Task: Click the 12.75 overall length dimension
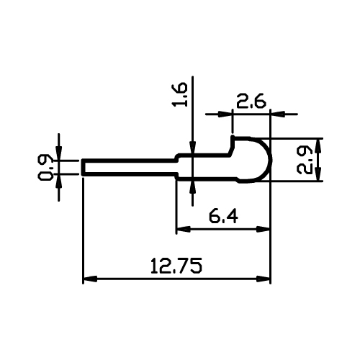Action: [x=176, y=266]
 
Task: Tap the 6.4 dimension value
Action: [x=223, y=216]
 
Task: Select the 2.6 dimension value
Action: [x=251, y=101]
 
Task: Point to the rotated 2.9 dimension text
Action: [x=305, y=160]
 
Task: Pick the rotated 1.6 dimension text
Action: [x=179, y=94]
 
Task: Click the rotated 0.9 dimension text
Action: [x=45, y=167]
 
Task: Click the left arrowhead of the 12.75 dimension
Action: [x=90, y=279]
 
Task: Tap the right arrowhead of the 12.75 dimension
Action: [x=264, y=279]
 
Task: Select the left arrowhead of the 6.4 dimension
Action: [x=184, y=229]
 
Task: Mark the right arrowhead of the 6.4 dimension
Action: [x=264, y=229]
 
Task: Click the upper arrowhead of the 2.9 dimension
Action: [x=318, y=145]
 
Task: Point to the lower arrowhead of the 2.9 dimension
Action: [x=318, y=174]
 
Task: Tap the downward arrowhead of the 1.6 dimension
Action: [x=192, y=147]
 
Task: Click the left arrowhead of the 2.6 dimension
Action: [x=225, y=114]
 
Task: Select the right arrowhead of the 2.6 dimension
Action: [x=278, y=114]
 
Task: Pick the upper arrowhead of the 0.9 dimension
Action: [x=59, y=153]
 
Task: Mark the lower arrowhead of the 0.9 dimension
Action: [x=59, y=181]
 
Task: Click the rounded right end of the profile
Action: [x=270, y=160]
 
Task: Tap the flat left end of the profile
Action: [x=83, y=167]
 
